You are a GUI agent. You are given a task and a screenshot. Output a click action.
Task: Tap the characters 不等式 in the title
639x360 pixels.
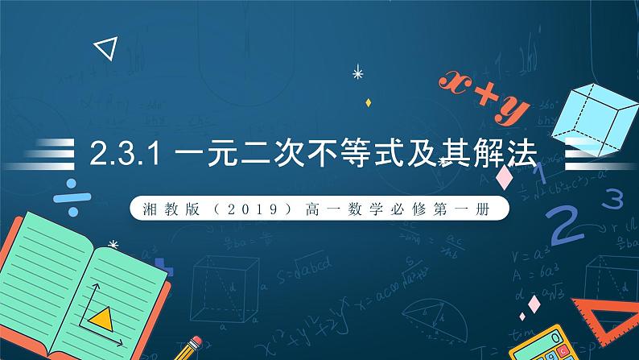click(360, 155)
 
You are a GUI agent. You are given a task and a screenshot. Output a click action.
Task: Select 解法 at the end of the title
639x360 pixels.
click(506, 155)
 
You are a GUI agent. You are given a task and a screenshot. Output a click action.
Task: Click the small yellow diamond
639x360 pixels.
click(368, 102)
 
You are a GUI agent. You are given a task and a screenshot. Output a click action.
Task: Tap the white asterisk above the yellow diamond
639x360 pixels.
click(358, 75)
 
